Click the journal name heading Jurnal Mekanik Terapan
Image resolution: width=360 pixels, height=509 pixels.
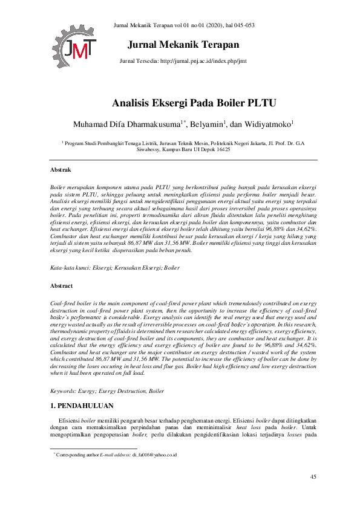tap(183, 45)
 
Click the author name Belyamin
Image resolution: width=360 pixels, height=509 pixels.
tap(207, 125)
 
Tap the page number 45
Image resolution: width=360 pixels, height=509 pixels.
tap(313, 478)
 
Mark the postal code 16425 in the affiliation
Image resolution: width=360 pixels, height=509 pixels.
tap(221, 149)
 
